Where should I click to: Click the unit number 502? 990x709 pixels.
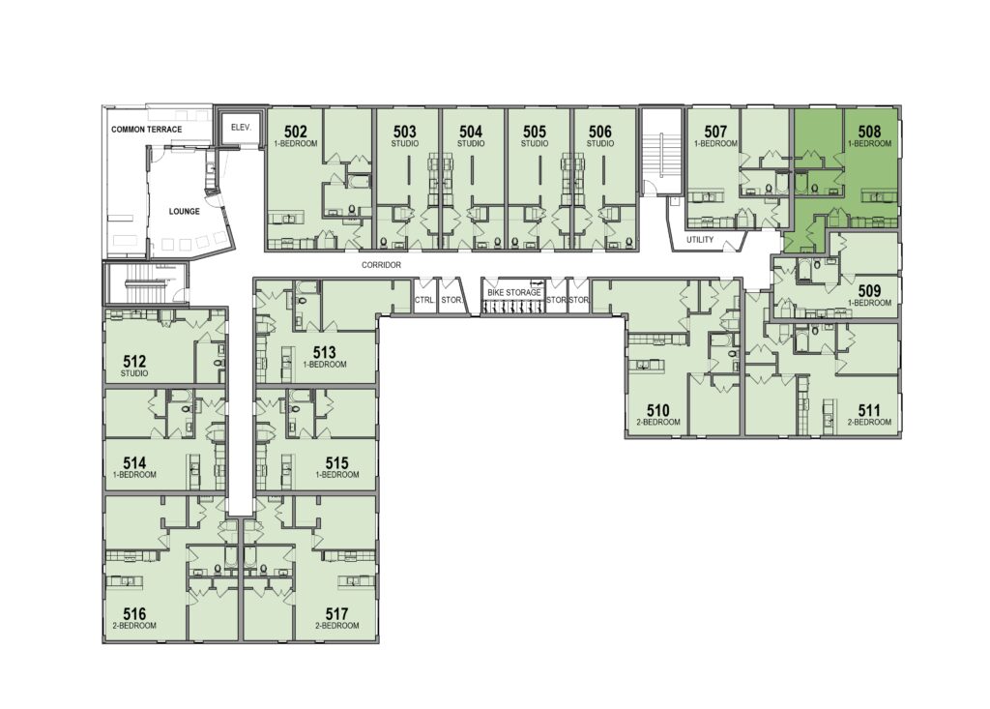[x=296, y=132]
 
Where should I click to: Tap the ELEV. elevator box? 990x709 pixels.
[x=241, y=129]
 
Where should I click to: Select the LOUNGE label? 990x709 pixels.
[x=185, y=211]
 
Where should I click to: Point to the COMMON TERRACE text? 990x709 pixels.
[x=147, y=130]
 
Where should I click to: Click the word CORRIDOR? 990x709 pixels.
[x=381, y=265]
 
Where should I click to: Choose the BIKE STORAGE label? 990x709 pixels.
[x=514, y=292]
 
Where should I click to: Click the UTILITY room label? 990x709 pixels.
[x=700, y=240]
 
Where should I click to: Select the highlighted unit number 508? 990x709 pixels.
[x=869, y=132]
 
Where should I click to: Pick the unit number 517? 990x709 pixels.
[x=337, y=613]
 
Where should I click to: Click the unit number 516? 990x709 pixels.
[x=135, y=613]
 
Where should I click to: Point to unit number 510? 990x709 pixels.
[x=657, y=411]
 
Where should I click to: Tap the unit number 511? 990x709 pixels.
[x=869, y=411]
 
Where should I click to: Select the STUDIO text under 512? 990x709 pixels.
[x=134, y=373]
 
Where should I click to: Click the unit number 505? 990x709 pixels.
[x=534, y=132]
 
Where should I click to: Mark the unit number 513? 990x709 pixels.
[x=325, y=353]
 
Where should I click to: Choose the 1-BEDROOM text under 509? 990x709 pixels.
[x=869, y=303]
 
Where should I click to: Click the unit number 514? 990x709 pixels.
[x=135, y=463]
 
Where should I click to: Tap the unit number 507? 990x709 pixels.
[x=715, y=132]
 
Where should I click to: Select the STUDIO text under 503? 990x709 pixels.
[x=405, y=143]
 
